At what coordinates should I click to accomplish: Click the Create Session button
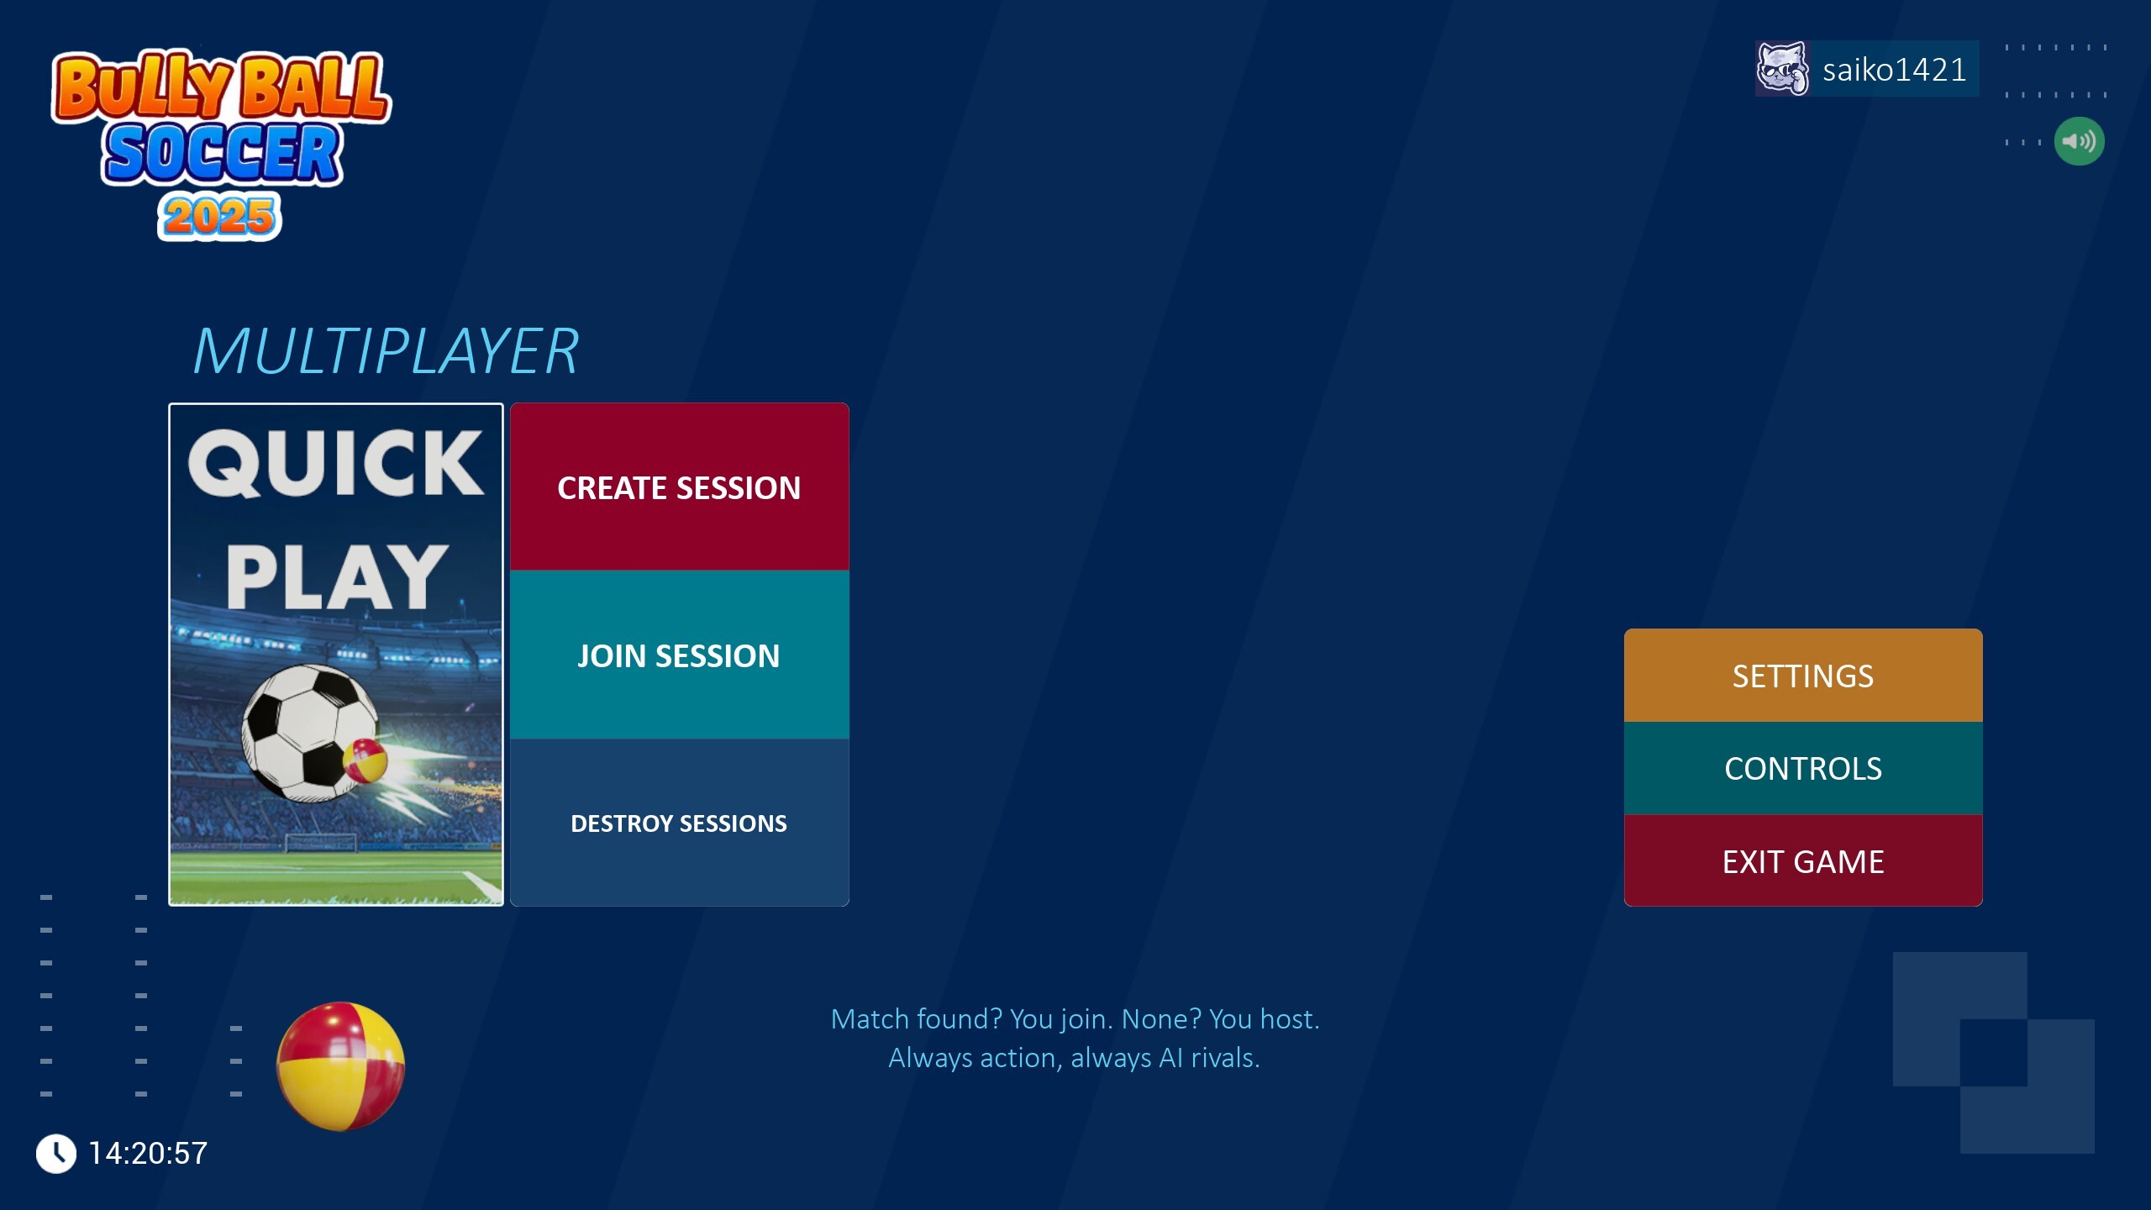tap(679, 487)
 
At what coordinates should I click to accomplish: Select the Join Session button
tap(679, 655)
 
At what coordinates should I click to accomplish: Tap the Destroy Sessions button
tap(679, 823)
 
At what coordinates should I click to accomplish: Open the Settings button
tap(1803, 676)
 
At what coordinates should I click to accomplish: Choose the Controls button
tap(1803, 768)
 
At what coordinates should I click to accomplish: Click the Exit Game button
tap(1803, 861)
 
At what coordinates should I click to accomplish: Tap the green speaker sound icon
tap(2079, 141)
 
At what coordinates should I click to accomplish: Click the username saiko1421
tap(1894, 70)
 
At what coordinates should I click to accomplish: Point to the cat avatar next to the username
tap(1782, 68)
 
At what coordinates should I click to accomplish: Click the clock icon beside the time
tap(56, 1154)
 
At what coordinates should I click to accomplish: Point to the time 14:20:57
tap(148, 1154)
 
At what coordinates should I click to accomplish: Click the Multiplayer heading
tap(386, 350)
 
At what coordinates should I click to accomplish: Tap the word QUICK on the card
tap(336, 463)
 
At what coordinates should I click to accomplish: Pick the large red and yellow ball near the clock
tap(340, 1066)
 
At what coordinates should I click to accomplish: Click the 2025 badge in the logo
tap(219, 217)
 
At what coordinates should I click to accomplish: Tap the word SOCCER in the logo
tap(223, 153)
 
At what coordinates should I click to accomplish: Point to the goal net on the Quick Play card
tap(321, 842)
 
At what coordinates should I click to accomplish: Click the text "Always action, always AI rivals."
tap(1075, 1058)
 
